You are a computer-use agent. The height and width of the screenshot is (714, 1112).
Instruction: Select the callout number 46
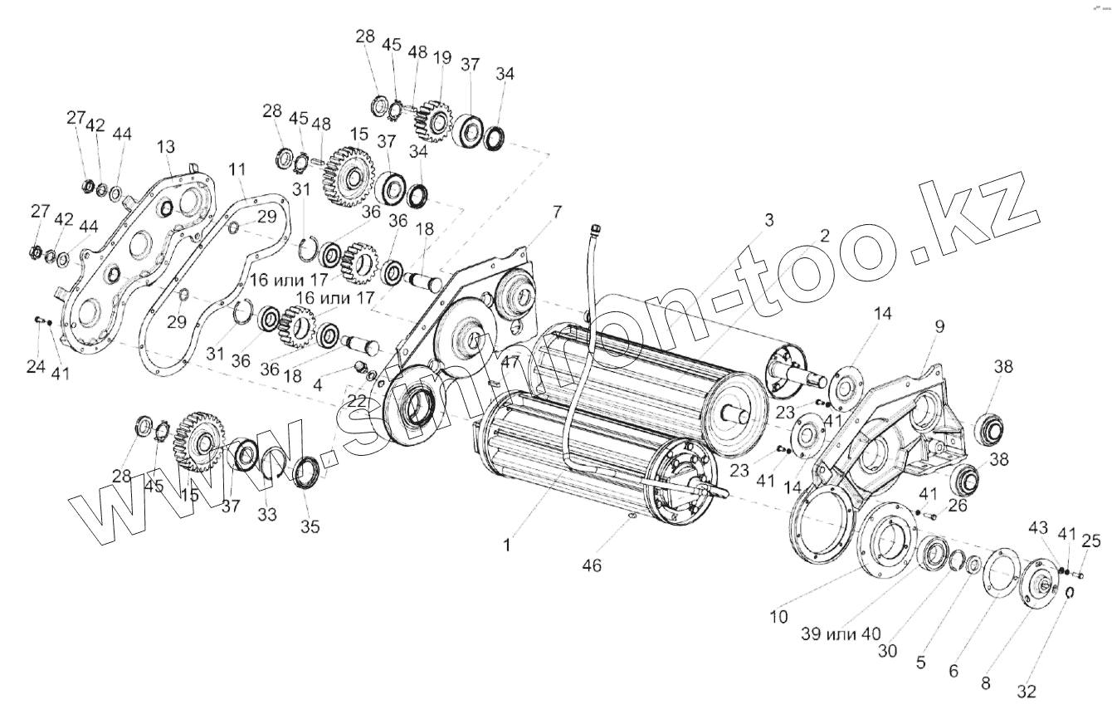tap(591, 565)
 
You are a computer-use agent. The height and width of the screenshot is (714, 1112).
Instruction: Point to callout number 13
tap(165, 146)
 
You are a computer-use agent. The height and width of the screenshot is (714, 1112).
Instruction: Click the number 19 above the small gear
tap(441, 58)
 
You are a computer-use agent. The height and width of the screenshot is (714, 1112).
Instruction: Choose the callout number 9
tap(939, 327)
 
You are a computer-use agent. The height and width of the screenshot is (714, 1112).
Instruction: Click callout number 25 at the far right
tap(1091, 541)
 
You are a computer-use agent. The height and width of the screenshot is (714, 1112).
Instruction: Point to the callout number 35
tap(310, 526)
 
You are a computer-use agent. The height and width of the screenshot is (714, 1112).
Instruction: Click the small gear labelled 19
tap(432, 119)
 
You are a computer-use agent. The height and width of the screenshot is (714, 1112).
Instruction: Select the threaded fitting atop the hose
tap(594, 228)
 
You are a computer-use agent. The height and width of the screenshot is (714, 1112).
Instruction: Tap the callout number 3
tap(768, 220)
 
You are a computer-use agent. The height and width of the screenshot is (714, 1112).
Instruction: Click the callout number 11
tap(237, 170)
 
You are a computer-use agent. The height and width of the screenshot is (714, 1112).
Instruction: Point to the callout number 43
tap(1037, 529)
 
